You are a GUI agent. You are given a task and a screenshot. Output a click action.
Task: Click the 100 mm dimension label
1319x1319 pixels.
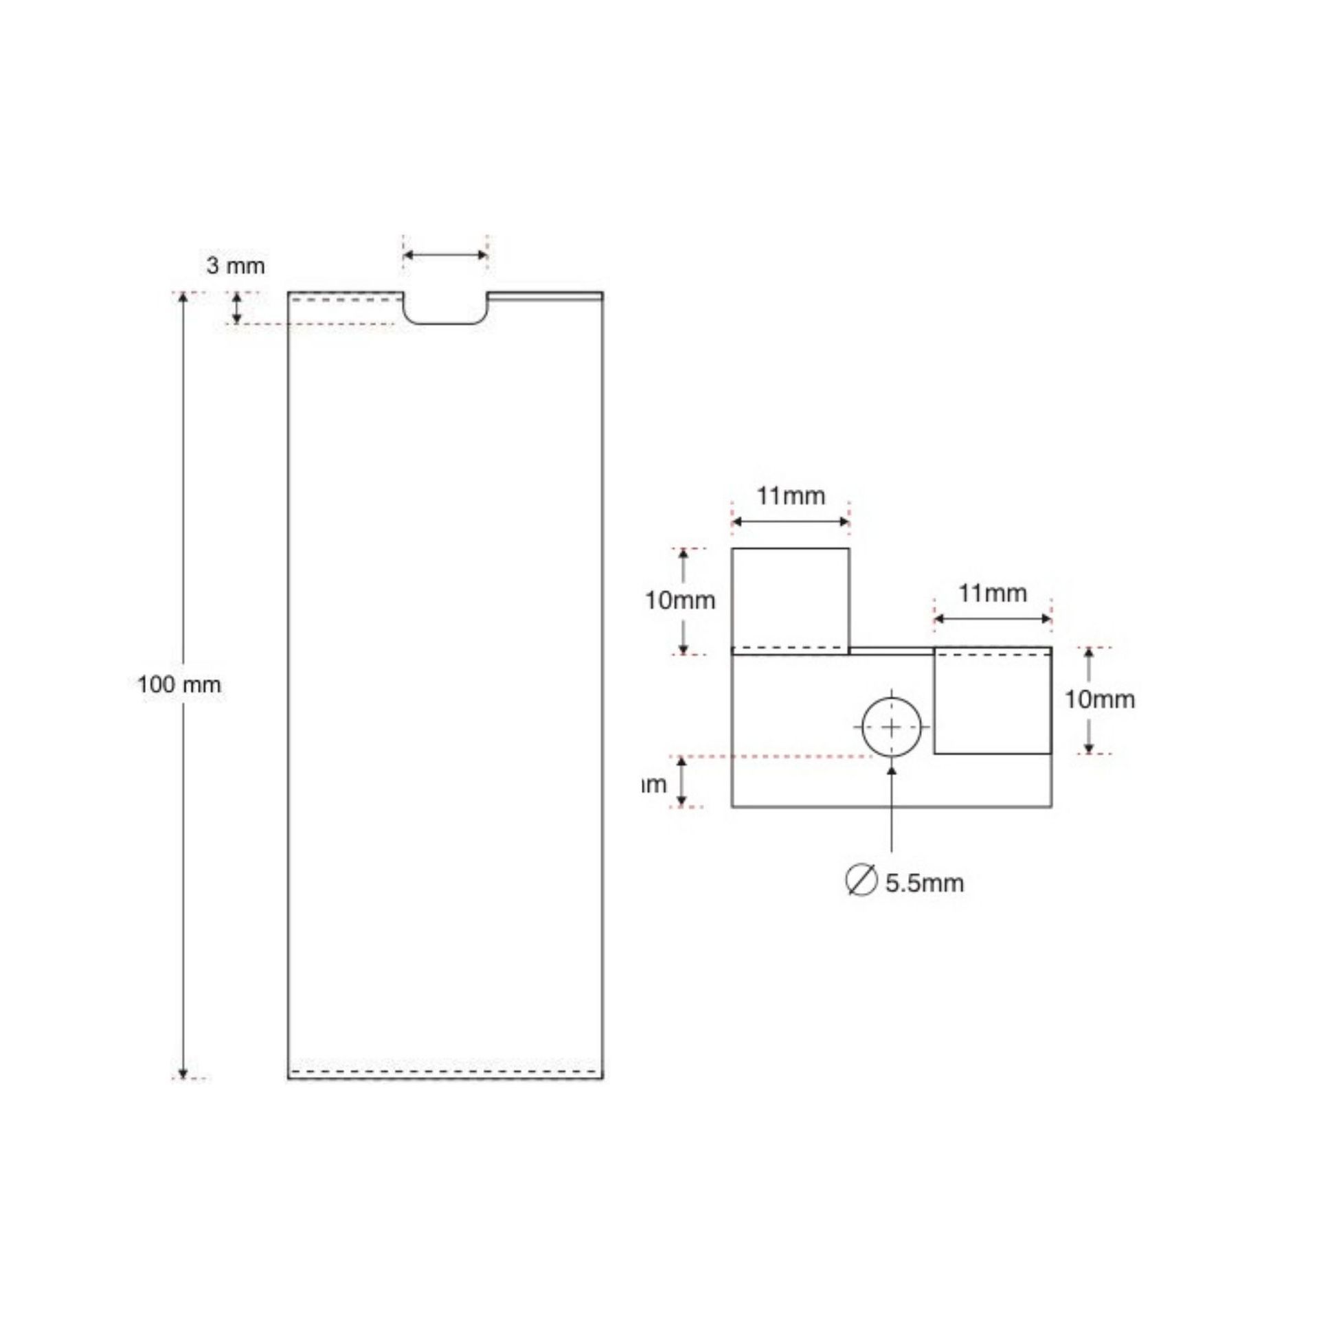coord(179,685)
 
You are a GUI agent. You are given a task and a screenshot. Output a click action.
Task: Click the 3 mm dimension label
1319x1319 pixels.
coord(236,265)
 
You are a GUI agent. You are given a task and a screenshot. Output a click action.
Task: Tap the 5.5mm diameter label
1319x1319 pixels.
coord(924,883)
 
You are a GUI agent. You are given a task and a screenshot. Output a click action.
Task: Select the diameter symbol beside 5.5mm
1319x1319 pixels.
coord(861,881)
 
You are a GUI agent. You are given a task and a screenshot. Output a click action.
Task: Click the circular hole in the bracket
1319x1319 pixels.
coord(892,727)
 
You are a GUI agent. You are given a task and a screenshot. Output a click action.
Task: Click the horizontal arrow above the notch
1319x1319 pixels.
coord(445,256)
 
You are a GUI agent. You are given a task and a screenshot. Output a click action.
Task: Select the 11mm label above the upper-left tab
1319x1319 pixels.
coord(791,495)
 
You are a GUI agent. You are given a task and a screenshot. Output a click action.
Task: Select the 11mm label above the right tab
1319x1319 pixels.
coord(993,593)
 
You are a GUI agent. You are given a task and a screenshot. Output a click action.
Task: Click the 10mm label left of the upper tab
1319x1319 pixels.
coord(680,600)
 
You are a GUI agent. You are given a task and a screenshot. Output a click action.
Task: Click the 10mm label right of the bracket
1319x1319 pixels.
coord(1100,699)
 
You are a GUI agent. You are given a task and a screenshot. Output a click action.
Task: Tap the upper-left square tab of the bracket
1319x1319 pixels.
coord(790,598)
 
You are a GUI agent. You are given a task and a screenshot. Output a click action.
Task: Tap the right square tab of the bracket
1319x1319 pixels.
coord(993,702)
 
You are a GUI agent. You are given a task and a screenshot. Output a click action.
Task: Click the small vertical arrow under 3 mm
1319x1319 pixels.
coord(237,308)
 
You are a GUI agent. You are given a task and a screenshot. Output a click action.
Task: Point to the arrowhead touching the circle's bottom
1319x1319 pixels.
coord(892,771)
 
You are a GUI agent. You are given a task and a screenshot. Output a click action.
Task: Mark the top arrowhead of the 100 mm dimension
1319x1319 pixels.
coord(183,297)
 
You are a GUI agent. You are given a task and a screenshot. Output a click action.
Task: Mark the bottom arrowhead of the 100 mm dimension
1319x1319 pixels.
coord(183,1074)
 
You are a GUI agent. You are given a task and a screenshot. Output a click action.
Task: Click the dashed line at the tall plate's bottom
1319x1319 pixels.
coord(445,1072)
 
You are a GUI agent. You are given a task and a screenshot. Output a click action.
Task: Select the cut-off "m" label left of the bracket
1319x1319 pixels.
coord(654,784)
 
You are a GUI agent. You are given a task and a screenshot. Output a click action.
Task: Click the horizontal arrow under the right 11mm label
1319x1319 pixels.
coord(993,619)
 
